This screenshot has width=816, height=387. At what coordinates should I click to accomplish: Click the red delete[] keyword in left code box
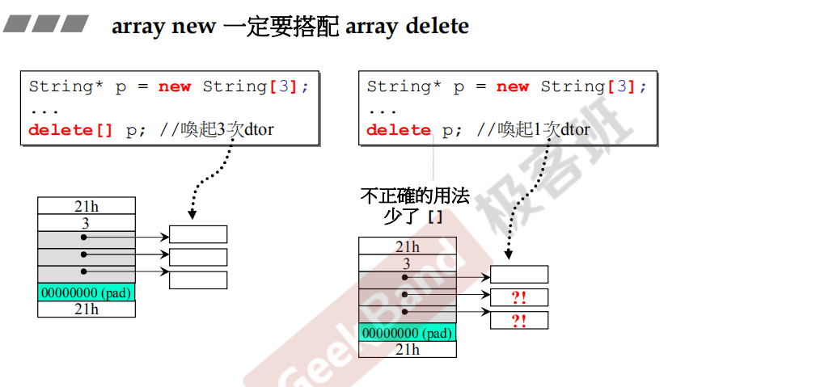71,130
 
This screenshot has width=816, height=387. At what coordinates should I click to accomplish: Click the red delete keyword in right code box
399,130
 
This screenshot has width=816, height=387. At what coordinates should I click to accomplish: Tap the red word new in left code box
175,86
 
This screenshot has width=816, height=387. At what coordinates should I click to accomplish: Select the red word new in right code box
513,86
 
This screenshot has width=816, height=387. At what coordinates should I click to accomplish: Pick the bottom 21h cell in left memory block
87,309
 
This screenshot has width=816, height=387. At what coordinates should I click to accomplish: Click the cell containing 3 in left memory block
87,222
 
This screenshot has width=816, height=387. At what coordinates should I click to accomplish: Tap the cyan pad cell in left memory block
87,292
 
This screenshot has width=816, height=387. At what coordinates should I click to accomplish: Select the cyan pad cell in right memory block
408,333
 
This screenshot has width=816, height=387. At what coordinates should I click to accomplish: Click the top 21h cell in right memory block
408,246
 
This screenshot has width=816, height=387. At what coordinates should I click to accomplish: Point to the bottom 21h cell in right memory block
408,349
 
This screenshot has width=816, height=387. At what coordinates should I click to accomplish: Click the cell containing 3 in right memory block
408,263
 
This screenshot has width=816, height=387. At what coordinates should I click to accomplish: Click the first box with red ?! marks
519,297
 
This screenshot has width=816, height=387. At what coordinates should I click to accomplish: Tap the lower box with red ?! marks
519,321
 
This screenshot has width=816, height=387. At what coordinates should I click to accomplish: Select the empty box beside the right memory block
519,275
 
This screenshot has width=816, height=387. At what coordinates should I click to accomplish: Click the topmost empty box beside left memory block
198,234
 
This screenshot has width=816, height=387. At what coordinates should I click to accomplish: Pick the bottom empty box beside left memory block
198,280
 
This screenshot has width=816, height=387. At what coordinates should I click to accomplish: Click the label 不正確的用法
414,196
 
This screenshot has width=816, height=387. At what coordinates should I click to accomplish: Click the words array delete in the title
407,26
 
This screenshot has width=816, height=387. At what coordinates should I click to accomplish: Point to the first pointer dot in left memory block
83,238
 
